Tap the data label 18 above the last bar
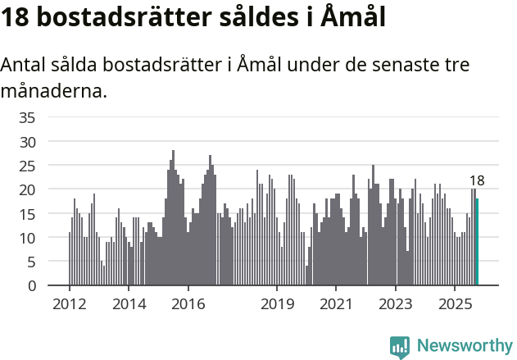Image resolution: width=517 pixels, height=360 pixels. click(477, 180)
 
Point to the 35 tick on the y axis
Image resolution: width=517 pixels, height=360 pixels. click(27, 117)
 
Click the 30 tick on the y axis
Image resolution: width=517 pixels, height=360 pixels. click(27, 141)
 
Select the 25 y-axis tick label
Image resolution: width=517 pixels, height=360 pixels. click(27, 166)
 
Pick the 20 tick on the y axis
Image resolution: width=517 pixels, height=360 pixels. click(27, 189)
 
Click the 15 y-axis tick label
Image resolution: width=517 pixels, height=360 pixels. click(27, 214)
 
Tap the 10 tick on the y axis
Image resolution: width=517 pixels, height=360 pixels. click(27, 238)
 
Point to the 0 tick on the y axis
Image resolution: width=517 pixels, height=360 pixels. click(31, 286)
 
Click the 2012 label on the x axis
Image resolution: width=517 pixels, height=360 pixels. click(69, 303)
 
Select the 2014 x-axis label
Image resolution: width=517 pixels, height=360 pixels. click(128, 303)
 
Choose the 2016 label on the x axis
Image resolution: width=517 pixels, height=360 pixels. click(188, 303)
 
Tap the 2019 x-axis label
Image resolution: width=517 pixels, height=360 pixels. click(277, 303)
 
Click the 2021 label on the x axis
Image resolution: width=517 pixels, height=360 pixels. click(336, 303)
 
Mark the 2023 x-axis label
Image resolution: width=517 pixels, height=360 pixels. click(396, 303)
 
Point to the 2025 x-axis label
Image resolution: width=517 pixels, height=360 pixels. click(455, 303)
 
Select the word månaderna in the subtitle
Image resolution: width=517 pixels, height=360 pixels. click(54, 91)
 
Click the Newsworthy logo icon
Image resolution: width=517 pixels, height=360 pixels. click(400, 347)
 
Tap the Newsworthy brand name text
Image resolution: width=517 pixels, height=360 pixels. click(464, 346)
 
